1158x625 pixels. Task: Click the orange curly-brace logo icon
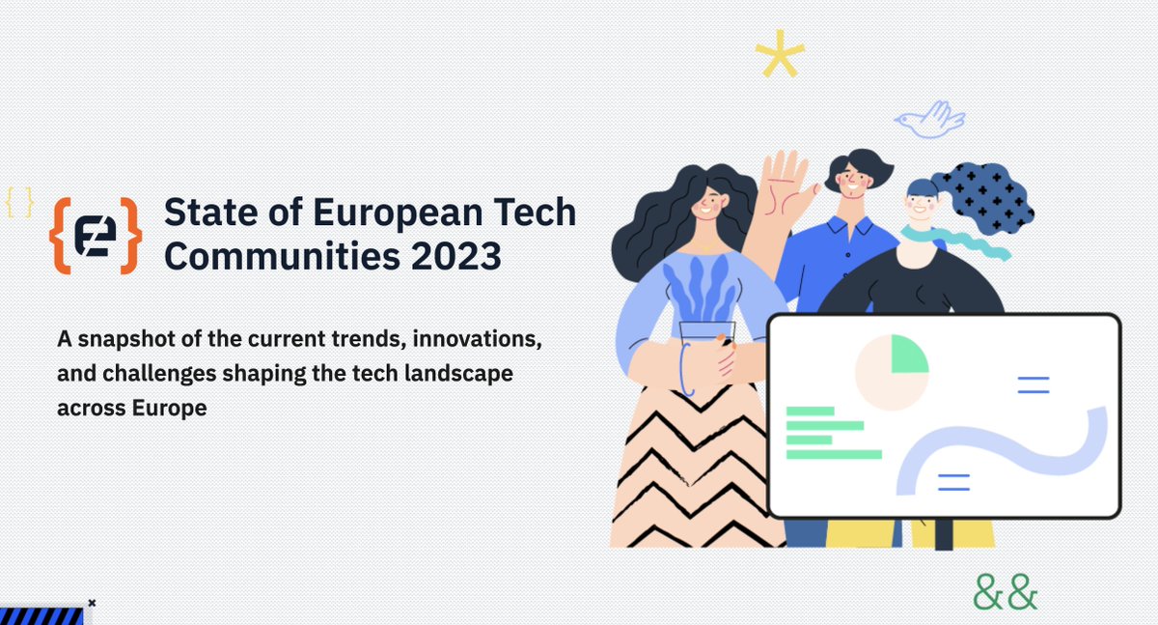(x=96, y=236)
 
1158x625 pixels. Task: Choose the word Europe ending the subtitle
(x=172, y=408)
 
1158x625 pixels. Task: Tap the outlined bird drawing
(x=928, y=120)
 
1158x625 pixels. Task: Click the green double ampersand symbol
(x=1006, y=591)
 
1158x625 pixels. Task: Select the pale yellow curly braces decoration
(x=19, y=201)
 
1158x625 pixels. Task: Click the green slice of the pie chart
(x=908, y=355)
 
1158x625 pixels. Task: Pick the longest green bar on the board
(x=834, y=454)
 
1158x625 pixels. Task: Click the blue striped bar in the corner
(x=41, y=615)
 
